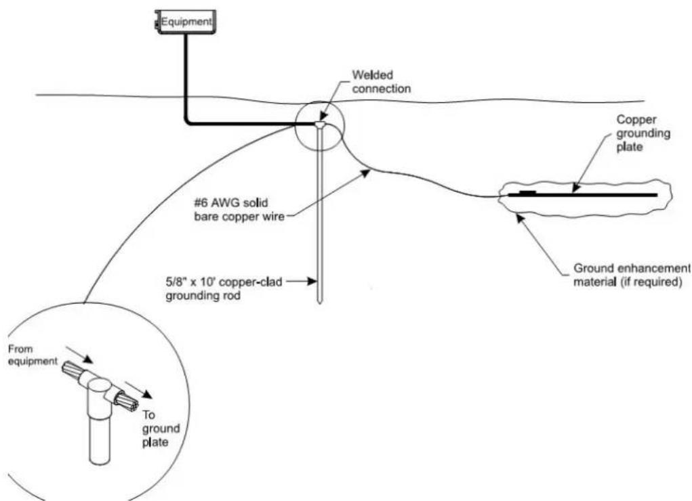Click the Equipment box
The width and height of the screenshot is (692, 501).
185,22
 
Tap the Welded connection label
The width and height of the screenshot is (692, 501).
382,82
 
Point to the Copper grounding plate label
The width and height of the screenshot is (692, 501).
643,133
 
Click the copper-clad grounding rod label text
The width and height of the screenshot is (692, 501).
224,288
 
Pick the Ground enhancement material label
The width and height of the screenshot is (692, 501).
631,275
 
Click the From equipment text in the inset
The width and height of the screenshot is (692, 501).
33,355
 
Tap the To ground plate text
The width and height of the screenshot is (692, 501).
161,429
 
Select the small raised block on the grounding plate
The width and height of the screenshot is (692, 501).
528,192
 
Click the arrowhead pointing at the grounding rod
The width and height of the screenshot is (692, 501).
313,281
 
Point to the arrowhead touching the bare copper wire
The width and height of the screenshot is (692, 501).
365,173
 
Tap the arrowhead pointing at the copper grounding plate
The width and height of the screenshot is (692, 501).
575,188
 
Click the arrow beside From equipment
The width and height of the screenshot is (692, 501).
79,355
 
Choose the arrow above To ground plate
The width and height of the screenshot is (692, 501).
139,391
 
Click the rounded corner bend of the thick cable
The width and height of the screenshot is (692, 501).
189,121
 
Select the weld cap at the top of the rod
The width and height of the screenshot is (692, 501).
321,126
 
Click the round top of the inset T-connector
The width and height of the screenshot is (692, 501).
100,388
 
